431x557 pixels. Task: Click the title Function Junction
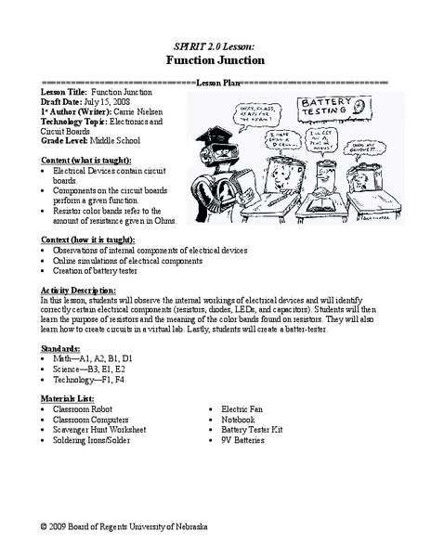point(215,59)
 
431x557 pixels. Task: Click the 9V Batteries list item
point(249,440)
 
